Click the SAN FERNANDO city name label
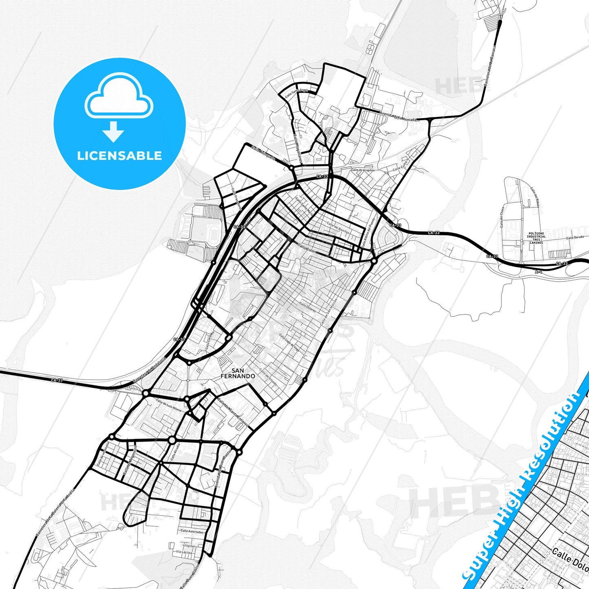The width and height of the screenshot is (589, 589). coord(238,373)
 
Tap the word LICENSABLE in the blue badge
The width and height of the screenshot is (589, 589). coord(119,156)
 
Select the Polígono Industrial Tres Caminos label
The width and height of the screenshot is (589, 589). coord(536,238)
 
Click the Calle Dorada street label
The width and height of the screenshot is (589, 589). coord(575,237)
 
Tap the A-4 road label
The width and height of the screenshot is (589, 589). coord(538,271)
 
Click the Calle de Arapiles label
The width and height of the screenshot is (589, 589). coord(362,170)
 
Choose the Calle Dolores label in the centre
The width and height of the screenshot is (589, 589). coord(308,307)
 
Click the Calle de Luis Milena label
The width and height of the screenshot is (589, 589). coord(168,405)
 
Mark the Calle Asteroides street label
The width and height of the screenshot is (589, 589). coord(192,531)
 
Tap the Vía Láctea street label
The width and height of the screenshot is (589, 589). coord(184,552)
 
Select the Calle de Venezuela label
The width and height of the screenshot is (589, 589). coord(103,454)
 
